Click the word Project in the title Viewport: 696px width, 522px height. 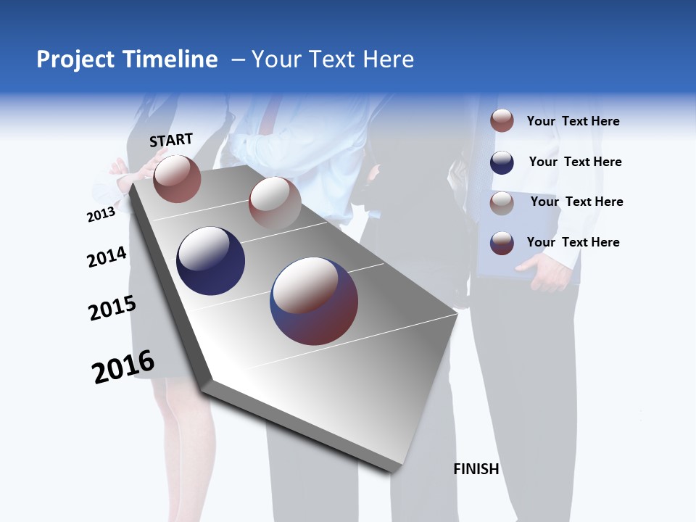click(74, 59)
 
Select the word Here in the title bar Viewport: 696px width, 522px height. click(388, 59)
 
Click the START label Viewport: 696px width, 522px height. click(171, 140)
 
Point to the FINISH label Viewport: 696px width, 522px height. click(476, 469)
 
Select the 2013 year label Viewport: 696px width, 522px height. click(101, 215)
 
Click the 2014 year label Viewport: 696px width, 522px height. click(107, 257)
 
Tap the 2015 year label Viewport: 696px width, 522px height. click(112, 308)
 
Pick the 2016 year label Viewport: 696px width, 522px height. click(123, 367)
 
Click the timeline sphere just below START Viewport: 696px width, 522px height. click(177, 178)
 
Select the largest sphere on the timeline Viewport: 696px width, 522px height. click(314, 301)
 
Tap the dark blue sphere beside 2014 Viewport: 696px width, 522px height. click(211, 261)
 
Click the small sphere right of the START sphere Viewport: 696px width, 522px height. click(275, 202)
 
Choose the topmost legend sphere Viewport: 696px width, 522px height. click(502, 120)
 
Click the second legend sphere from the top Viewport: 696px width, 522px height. click(502, 162)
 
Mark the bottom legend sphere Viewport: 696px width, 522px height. click(502, 242)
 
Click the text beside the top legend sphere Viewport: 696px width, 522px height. click(573, 121)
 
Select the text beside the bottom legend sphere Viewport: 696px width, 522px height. click(573, 242)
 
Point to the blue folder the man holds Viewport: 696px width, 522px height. click(507, 239)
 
